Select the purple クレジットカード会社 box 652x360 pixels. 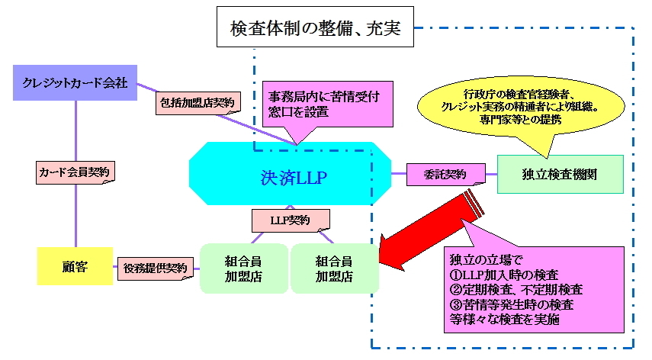pos(75,82)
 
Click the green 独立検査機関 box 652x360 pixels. pos(560,173)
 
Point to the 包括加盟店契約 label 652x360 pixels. pos(198,102)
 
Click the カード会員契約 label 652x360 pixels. pos(75,172)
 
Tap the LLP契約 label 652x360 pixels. pos(291,220)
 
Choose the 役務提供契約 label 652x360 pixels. pos(156,268)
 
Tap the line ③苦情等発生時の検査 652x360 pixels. pos(512,305)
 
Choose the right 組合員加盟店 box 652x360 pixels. pos(335,268)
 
